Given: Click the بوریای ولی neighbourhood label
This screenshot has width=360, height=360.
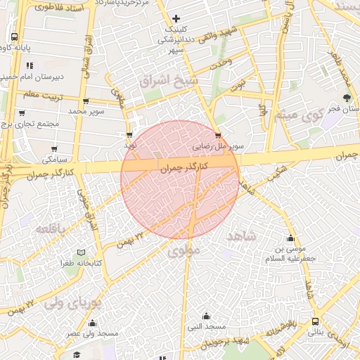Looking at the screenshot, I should click(73, 304).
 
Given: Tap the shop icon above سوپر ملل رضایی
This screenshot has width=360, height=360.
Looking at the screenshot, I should click(218, 135).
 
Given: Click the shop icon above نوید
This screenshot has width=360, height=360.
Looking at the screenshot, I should click(129, 134).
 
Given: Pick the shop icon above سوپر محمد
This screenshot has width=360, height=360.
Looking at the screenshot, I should click(86, 101).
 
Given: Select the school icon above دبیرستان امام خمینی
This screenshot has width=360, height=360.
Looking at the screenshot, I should click(30, 65).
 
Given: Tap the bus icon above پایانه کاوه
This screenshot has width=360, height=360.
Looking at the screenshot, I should click(15, 37).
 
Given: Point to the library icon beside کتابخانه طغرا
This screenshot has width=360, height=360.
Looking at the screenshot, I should click(81, 252).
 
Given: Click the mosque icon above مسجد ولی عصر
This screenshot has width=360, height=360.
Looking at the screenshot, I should click(91, 323).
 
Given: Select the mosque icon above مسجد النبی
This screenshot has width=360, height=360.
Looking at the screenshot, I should click(206, 316).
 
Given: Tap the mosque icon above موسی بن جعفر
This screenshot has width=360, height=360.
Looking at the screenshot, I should click(290, 238).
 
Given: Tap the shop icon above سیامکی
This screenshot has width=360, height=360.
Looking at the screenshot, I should click(54, 148).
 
